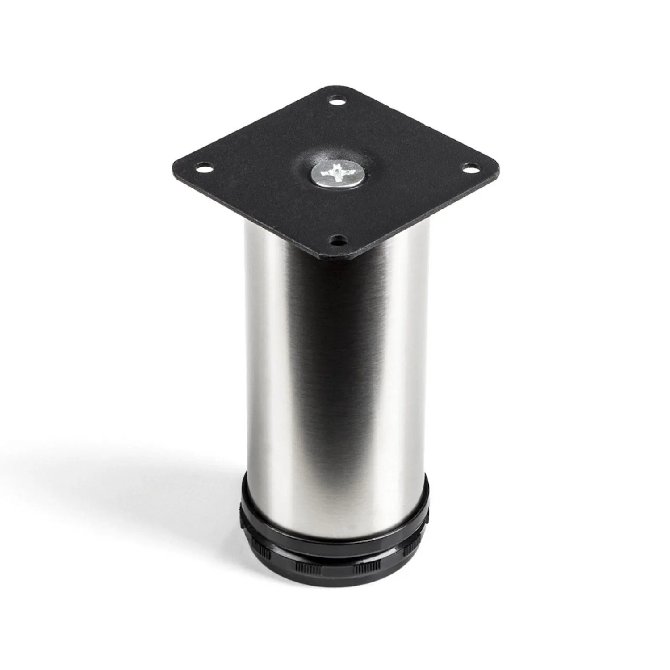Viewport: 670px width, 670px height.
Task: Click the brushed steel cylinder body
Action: pyautogui.click(x=335, y=380)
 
